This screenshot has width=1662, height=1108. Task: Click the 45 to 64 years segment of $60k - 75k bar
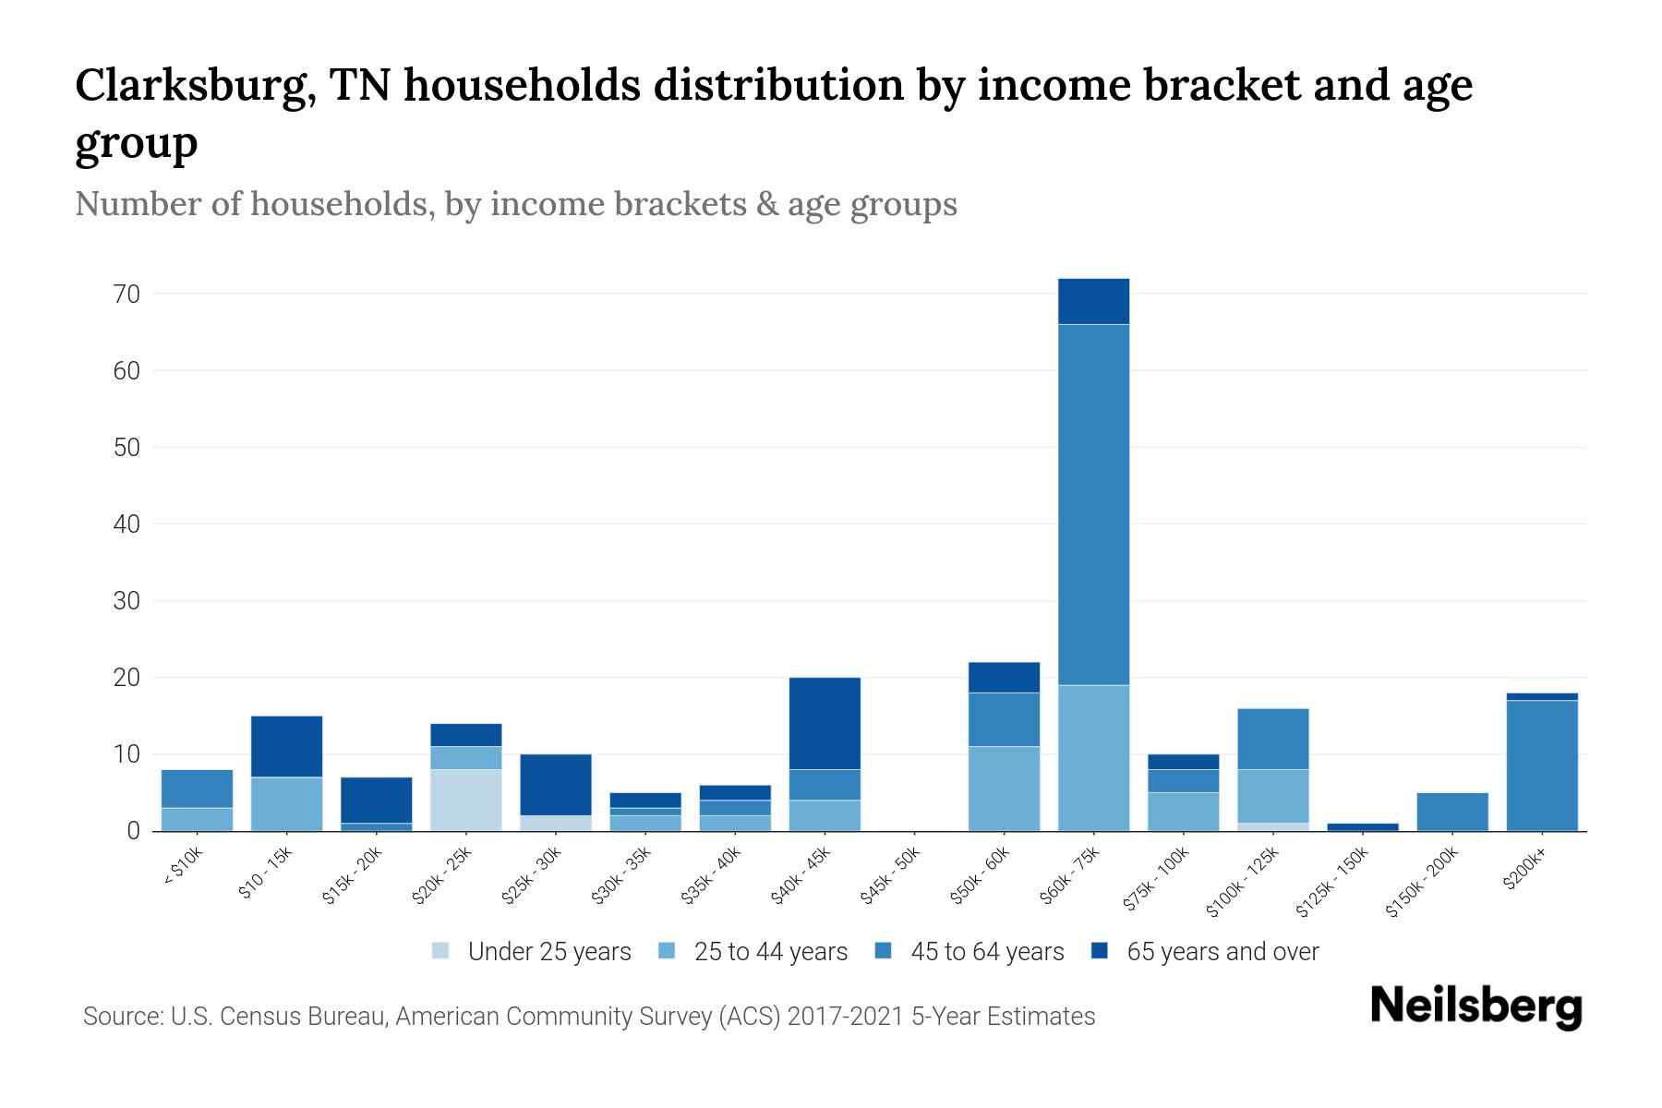point(1093,504)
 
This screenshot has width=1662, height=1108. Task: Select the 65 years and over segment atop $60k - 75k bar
point(1093,301)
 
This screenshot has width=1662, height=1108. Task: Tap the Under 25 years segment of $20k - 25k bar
point(465,800)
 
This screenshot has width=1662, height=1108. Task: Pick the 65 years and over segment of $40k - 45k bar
point(825,723)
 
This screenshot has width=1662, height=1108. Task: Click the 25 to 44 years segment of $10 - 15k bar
point(286,803)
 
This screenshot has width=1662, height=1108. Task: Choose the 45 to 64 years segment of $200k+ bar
point(1541,765)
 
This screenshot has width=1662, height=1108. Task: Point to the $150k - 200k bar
point(1451,812)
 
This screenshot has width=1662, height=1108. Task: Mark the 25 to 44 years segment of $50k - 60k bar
point(1004,788)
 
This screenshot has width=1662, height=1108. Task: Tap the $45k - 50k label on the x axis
point(890,876)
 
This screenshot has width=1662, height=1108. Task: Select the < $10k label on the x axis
point(183,867)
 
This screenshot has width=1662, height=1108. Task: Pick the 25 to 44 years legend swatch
point(668,951)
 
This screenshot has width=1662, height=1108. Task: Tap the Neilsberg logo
point(1475,1006)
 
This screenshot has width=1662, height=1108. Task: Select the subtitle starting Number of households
point(515,204)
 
